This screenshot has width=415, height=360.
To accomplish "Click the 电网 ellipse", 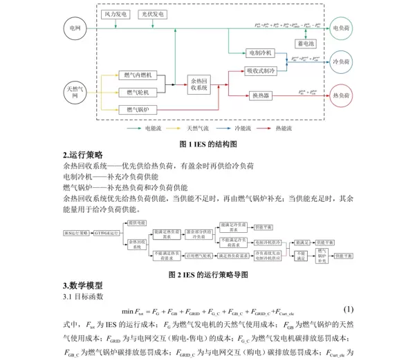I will (x=72, y=27).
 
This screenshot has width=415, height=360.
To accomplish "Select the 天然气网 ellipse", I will (x=72, y=92).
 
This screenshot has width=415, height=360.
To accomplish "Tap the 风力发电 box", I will (x=116, y=13).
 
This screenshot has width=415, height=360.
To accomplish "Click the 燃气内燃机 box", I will (x=138, y=75).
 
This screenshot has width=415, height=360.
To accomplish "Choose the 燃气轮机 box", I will (x=138, y=92).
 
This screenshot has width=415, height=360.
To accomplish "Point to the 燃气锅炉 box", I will (x=138, y=109).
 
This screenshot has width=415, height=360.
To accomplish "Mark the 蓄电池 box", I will (x=304, y=44).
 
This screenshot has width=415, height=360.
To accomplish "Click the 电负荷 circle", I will (x=342, y=27).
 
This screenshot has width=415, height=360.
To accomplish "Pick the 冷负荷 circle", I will (x=342, y=60).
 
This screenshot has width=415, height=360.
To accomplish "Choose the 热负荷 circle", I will (x=342, y=93).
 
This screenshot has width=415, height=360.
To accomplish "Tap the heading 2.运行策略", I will (x=82, y=155).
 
